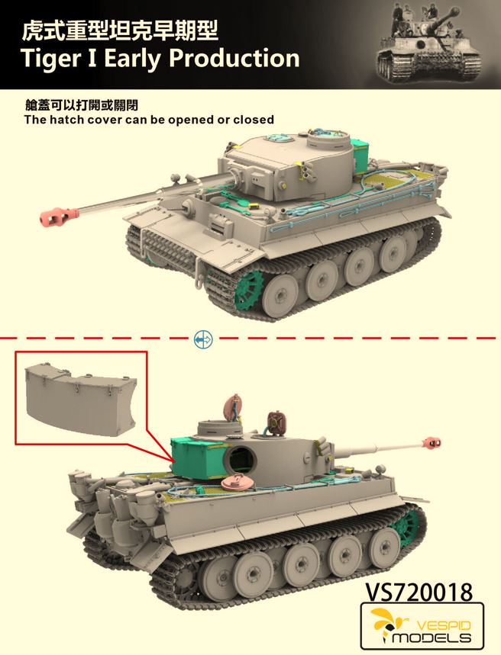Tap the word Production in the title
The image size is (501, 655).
234,58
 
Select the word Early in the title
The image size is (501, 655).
132,59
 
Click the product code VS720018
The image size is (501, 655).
419,592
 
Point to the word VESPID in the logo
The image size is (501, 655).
444,626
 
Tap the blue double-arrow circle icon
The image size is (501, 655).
203,339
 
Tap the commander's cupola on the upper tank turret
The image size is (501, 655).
328,140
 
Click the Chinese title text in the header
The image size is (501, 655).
120,32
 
